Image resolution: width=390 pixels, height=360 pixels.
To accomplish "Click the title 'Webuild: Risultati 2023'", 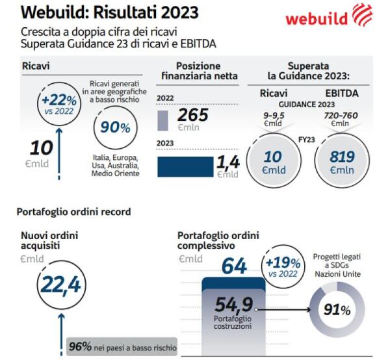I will coord(110,12).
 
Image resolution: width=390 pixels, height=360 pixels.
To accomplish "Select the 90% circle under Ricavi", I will coord(114,126).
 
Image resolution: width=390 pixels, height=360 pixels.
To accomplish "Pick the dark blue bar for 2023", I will coord(185,166).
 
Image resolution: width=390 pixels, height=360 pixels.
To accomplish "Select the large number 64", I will coord(235,266).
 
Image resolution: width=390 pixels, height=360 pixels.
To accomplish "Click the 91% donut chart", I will coord(336,310).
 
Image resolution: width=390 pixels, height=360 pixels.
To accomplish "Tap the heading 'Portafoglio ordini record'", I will coord(74,212).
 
